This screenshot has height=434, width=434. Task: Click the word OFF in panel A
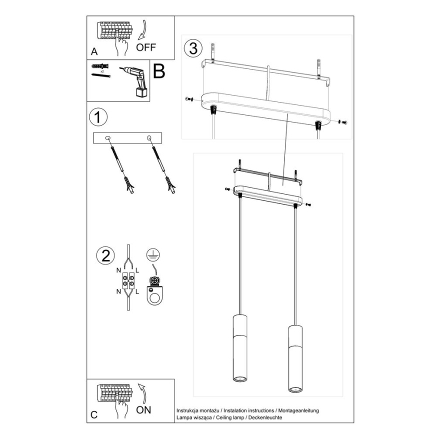coord(146,47)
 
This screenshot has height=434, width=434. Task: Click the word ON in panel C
coord(143,410)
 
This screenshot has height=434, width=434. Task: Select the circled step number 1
coord(98,117)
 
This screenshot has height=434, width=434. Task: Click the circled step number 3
coord(193,48)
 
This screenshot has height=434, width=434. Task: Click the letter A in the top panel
coord(93,51)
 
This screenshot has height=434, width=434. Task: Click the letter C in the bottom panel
coord(93,414)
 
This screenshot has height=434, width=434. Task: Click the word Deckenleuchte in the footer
coord(265,416)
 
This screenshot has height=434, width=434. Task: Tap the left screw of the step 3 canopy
coord(188,99)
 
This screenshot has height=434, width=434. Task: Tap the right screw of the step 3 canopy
coord(342,121)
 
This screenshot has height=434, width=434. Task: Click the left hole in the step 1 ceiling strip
coord(107,137)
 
